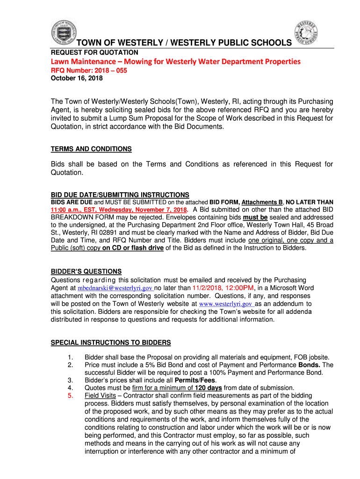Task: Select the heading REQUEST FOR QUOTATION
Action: point(94,52)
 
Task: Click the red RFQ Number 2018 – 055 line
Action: point(89,70)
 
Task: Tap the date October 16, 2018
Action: point(77,78)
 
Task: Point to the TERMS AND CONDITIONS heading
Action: point(91,149)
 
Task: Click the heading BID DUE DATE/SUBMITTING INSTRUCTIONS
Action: point(120,195)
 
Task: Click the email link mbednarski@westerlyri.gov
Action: point(115,288)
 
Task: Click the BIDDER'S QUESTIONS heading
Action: point(86,271)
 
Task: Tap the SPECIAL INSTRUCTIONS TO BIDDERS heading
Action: point(110,342)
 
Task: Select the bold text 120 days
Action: point(208,388)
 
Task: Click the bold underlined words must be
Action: point(255,218)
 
